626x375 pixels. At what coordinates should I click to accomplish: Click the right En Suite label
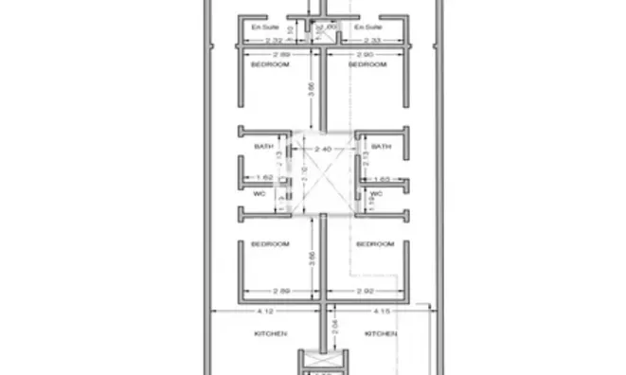367,28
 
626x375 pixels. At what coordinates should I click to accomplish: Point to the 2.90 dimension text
365,58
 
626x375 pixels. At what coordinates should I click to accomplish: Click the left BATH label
264,147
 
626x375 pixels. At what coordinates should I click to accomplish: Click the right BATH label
381,147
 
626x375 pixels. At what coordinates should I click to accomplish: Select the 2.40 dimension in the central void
322,150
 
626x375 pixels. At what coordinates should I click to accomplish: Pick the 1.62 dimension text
264,178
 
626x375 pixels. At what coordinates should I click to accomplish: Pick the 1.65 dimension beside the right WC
383,178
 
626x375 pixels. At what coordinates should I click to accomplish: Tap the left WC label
259,193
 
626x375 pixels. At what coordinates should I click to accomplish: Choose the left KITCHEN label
269,333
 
